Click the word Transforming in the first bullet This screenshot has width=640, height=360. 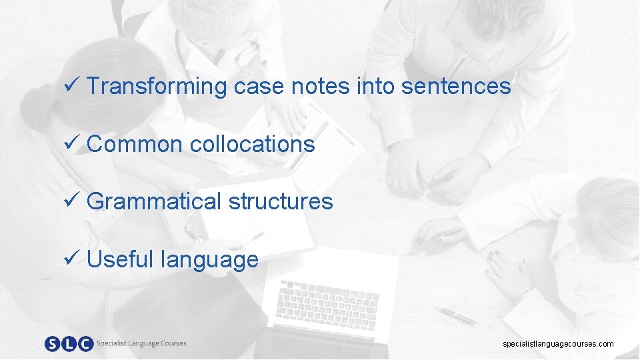(x=157, y=86)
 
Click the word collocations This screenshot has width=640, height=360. (x=252, y=143)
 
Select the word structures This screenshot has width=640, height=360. (x=281, y=201)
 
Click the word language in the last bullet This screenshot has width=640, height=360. (x=209, y=260)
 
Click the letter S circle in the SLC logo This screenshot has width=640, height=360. (x=53, y=344)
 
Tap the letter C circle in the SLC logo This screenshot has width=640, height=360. (x=85, y=344)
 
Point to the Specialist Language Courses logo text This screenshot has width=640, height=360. (x=141, y=343)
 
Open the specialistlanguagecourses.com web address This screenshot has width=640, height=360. (x=558, y=344)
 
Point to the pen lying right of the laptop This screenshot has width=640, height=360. (x=457, y=317)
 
